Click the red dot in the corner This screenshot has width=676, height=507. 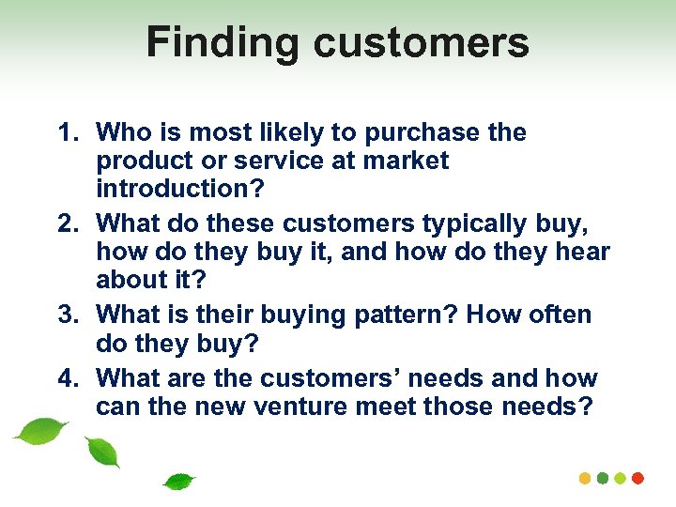638,478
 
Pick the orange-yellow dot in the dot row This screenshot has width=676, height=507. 585,478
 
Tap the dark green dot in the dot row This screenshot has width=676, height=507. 603,478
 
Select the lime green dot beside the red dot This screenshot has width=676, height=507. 621,478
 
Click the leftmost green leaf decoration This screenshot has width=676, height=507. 40,431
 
